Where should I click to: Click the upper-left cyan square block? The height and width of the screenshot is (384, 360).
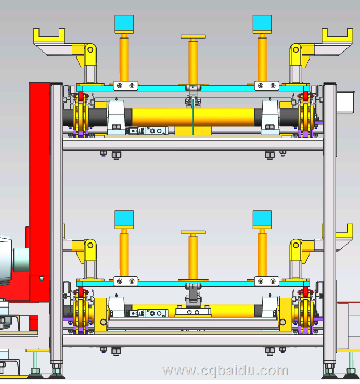click(124, 23)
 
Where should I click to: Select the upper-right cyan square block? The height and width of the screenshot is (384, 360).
click(262, 23)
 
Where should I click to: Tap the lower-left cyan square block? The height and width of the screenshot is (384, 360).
click(124, 219)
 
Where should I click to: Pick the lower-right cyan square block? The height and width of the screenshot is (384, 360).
click(262, 219)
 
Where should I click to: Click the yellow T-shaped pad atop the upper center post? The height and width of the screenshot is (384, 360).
click(193, 37)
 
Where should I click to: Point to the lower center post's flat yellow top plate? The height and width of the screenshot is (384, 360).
click(193, 232)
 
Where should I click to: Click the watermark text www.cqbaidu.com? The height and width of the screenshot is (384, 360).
click(225, 370)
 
